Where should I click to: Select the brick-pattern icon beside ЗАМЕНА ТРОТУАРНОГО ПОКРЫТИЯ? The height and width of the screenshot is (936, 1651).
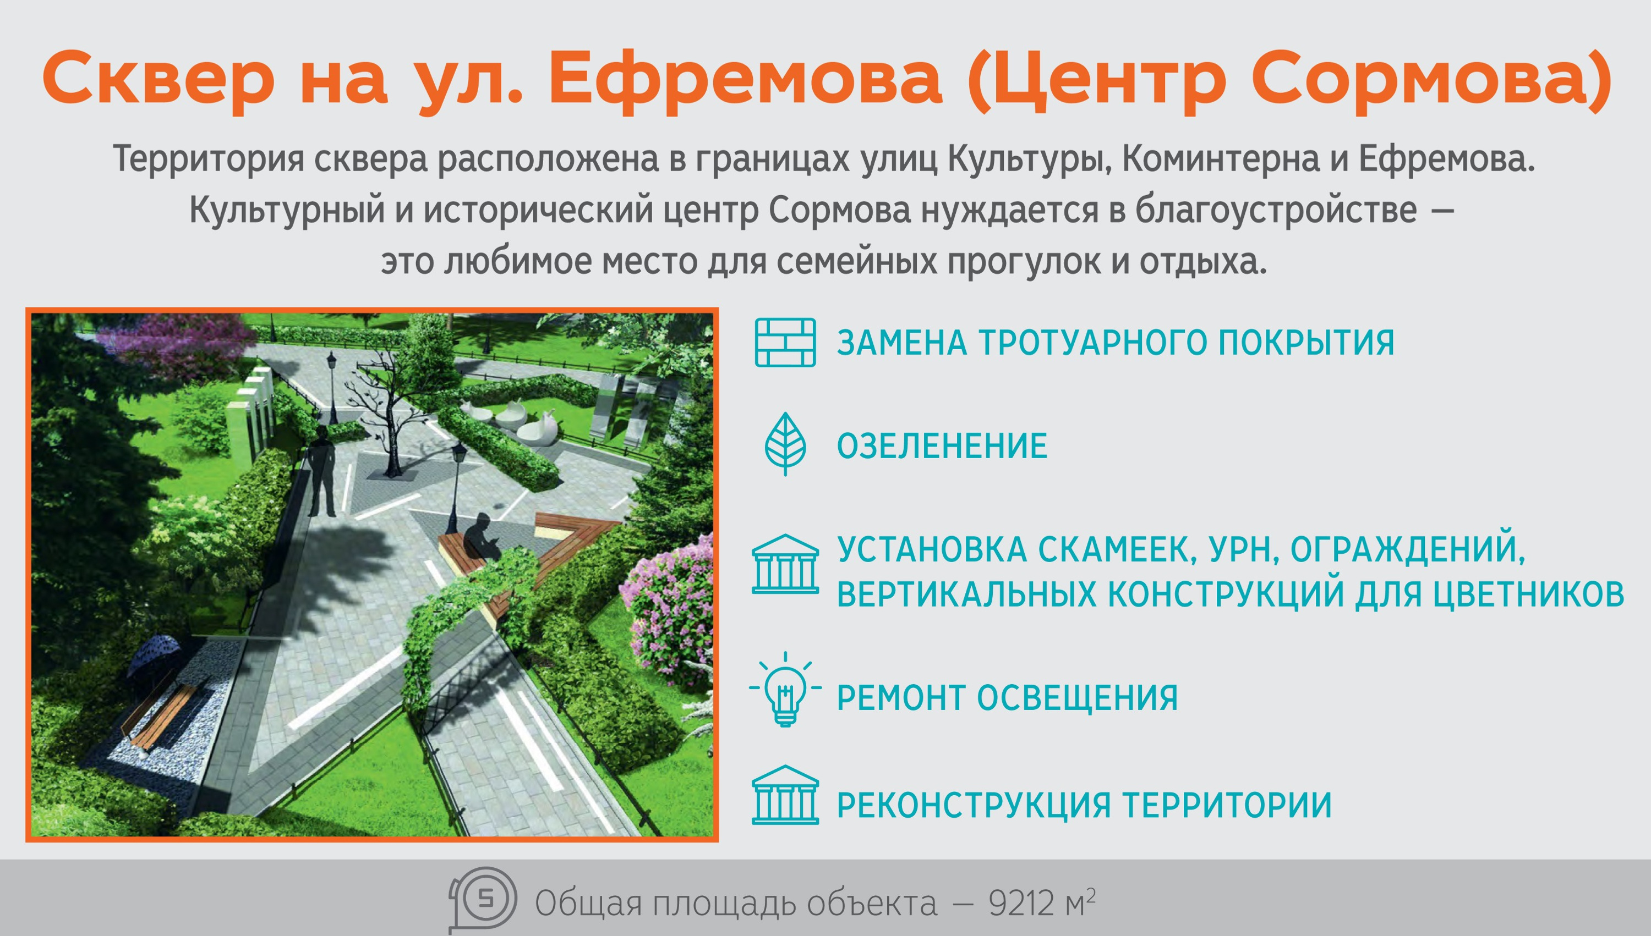[785, 343]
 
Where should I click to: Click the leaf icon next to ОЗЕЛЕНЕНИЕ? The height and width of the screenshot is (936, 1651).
[785, 444]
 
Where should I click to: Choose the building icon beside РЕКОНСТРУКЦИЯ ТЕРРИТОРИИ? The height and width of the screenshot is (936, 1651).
[785, 795]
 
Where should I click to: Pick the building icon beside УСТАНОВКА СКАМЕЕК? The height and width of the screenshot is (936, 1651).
[785, 564]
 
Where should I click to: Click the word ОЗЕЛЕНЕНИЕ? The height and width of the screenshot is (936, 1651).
[942, 446]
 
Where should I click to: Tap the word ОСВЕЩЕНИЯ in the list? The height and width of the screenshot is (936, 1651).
[1078, 698]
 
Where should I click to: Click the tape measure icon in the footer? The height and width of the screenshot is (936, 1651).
[483, 899]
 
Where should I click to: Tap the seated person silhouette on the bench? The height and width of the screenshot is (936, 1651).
[482, 538]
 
